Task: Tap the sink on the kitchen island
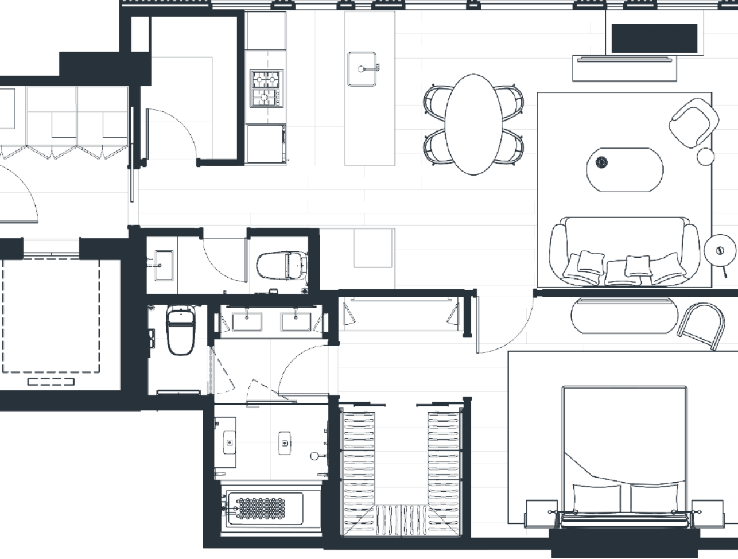pyautogui.click(x=362, y=68)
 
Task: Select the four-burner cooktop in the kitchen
pyautogui.click(x=266, y=88)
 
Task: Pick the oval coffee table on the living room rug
pyautogui.click(x=624, y=169)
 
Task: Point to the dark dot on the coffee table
pyautogui.click(x=601, y=162)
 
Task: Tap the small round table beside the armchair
pyautogui.click(x=706, y=156)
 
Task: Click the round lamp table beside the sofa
pyautogui.click(x=720, y=250)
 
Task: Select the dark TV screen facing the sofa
pyautogui.click(x=654, y=37)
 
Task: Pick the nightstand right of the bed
pyautogui.click(x=707, y=512)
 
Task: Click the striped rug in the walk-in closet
pyautogui.click(x=401, y=519)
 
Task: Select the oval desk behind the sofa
pyautogui.click(x=622, y=315)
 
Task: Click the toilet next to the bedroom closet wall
pyautogui.click(x=180, y=329)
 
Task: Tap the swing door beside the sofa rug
pyautogui.click(x=505, y=321)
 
